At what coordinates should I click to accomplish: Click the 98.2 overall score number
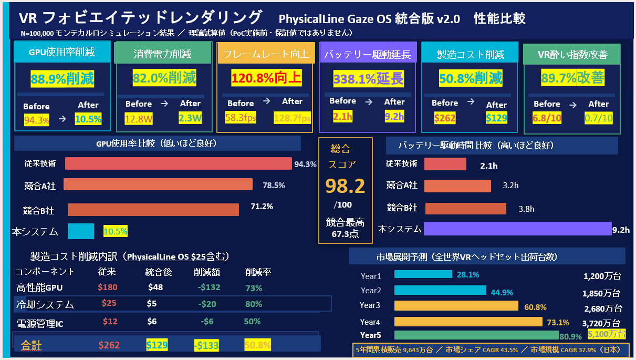click(x=345, y=186)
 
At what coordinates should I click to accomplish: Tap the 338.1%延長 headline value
click(x=368, y=79)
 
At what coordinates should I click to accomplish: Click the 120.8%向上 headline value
click(x=266, y=78)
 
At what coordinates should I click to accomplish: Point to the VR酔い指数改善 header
click(x=572, y=54)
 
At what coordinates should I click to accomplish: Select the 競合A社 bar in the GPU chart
click(x=159, y=184)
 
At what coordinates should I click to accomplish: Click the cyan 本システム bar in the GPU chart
click(x=81, y=231)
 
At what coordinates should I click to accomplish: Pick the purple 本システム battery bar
click(x=517, y=229)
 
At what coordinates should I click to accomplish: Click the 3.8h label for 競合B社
click(x=526, y=209)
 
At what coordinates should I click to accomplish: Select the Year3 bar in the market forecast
click(x=456, y=306)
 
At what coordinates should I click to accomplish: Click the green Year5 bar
click(x=476, y=335)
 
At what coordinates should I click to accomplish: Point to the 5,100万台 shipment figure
click(x=607, y=334)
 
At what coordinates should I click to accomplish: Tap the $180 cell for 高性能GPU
click(x=108, y=287)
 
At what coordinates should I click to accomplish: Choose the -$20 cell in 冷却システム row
click(x=207, y=304)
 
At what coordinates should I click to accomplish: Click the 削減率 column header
click(x=258, y=272)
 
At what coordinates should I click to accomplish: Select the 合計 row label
click(x=31, y=345)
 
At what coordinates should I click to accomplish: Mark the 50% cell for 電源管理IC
click(x=252, y=322)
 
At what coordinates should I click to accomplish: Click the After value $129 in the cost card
click(x=496, y=118)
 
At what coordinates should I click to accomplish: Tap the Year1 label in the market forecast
click(x=371, y=276)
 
